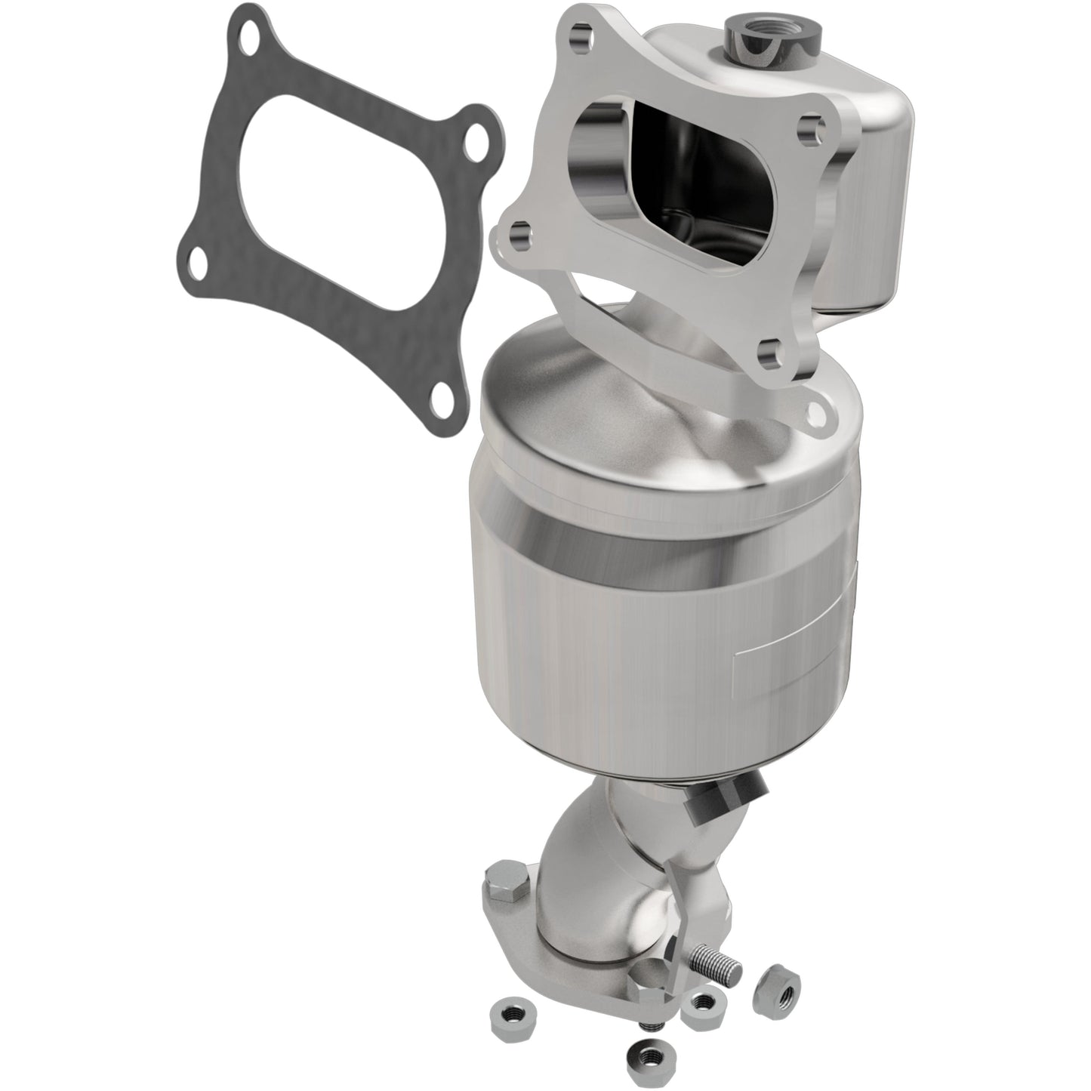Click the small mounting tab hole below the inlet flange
[x=816, y=411]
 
